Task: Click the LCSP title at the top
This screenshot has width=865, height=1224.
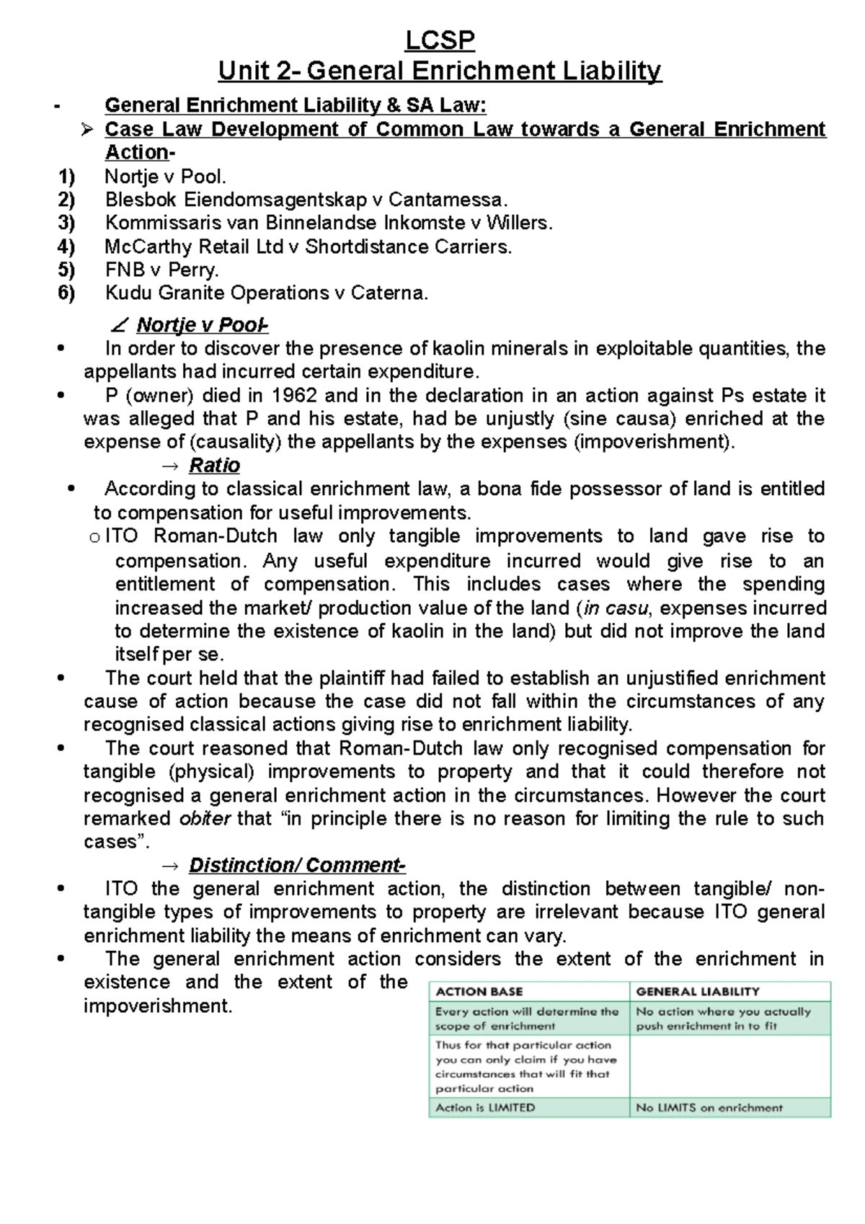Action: [440, 40]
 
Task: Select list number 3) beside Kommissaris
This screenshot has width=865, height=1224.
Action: [66, 223]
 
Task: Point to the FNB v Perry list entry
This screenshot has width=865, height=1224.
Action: [161, 270]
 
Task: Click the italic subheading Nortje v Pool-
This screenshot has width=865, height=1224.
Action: [202, 325]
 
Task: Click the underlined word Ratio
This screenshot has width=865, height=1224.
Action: [214, 466]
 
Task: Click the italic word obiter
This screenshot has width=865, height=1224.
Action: [204, 819]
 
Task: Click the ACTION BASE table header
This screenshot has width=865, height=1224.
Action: [479, 992]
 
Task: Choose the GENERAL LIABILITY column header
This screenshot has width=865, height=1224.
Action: [697, 992]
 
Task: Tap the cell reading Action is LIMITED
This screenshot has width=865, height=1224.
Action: [485, 1107]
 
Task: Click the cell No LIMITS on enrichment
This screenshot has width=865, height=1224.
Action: [709, 1107]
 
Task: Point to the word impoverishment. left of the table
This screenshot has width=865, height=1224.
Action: [158, 1006]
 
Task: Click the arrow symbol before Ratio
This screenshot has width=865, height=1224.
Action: [171, 466]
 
